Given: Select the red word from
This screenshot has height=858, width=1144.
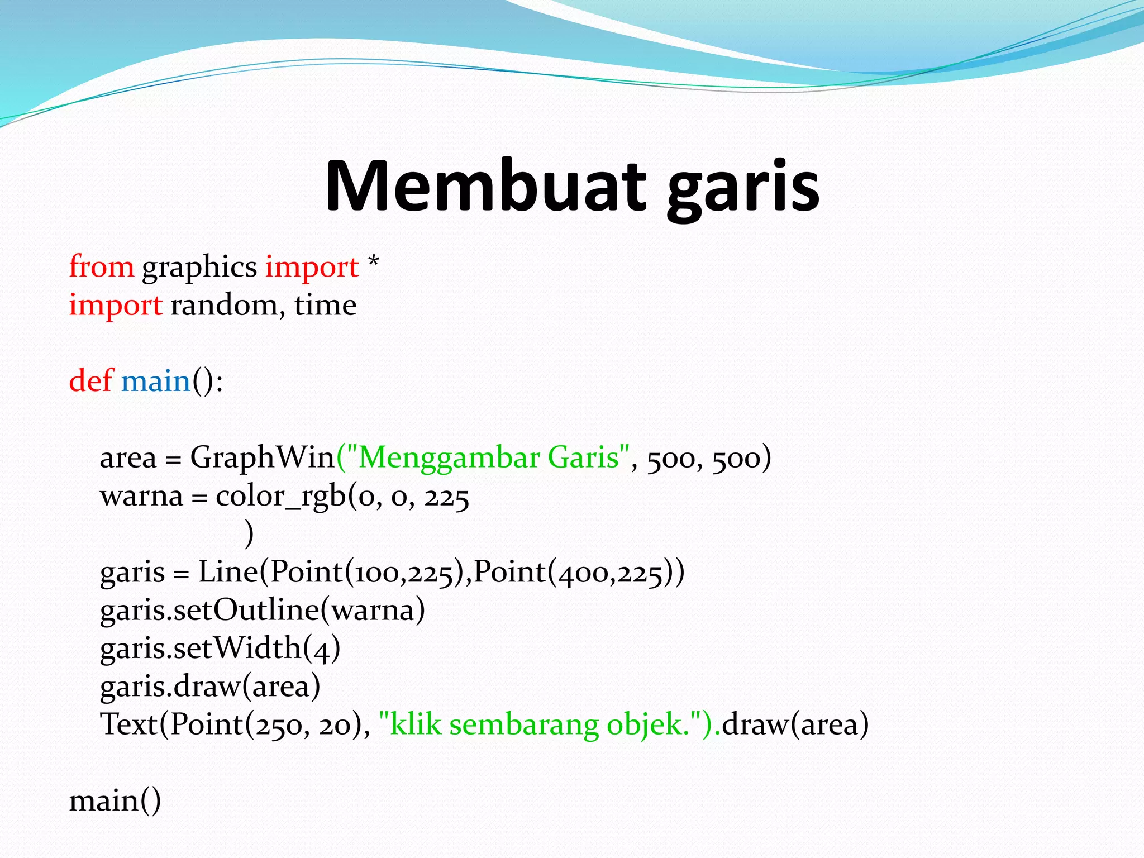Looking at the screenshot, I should pyautogui.click(x=101, y=266).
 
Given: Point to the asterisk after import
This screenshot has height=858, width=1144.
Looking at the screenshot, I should pyautogui.click(x=374, y=261).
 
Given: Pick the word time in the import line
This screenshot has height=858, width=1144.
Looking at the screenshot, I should pyautogui.click(x=325, y=306).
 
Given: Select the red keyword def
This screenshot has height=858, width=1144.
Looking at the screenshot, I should pyautogui.click(x=91, y=381).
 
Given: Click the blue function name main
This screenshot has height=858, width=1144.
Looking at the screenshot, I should pyautogui.click(x=156, y=382).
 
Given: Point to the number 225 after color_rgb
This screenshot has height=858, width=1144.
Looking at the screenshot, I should pyautogui.click(x=446, y=497).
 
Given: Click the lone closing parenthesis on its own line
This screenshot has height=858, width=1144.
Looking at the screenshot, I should pyautogui.click(x=249, y=533).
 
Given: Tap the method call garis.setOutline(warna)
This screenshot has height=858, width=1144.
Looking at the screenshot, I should pyautogui.click(x=262, y=610).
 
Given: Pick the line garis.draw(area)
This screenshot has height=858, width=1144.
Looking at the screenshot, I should pyautogui.click(x=210, y=687).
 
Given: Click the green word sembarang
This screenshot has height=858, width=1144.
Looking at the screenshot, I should pyautogui.click(x=524, y=726).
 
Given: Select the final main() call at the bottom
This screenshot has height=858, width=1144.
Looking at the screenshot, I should pyautogui.click(x=115, y=801).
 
